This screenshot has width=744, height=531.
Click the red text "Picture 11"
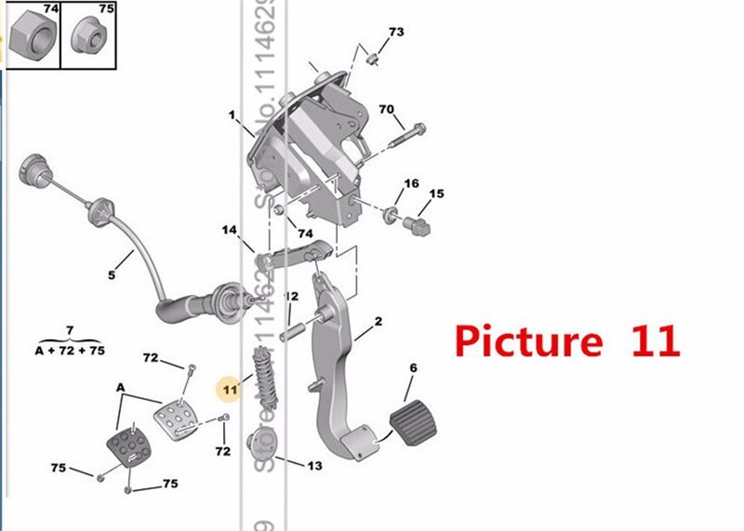coord(567,341)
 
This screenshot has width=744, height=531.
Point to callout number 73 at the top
coord(396,33)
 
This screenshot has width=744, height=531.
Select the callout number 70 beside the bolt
coord(387,109)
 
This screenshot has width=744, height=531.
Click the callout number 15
coord(436,193)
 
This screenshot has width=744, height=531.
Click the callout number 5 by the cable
coord(112,274)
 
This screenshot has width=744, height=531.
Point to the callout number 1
coord(232,115)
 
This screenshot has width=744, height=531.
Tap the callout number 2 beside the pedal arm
coord(379,322)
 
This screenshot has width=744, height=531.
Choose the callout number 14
coord(230,230)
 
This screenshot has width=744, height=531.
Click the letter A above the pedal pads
coord(120,386)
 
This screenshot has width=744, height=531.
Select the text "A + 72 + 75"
coord(71,352)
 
